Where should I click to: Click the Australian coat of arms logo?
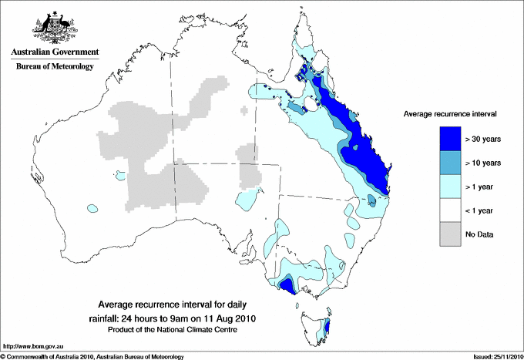(53, 28)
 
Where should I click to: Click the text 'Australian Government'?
(54, 52)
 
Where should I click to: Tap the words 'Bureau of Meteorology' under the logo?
(54, 66)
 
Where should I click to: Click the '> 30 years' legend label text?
(484, 140)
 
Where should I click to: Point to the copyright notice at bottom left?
(92, 356)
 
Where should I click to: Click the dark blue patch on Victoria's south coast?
(286, 287)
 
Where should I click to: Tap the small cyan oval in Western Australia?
(92, 207)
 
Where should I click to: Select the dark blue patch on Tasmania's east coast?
(328, 329)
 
